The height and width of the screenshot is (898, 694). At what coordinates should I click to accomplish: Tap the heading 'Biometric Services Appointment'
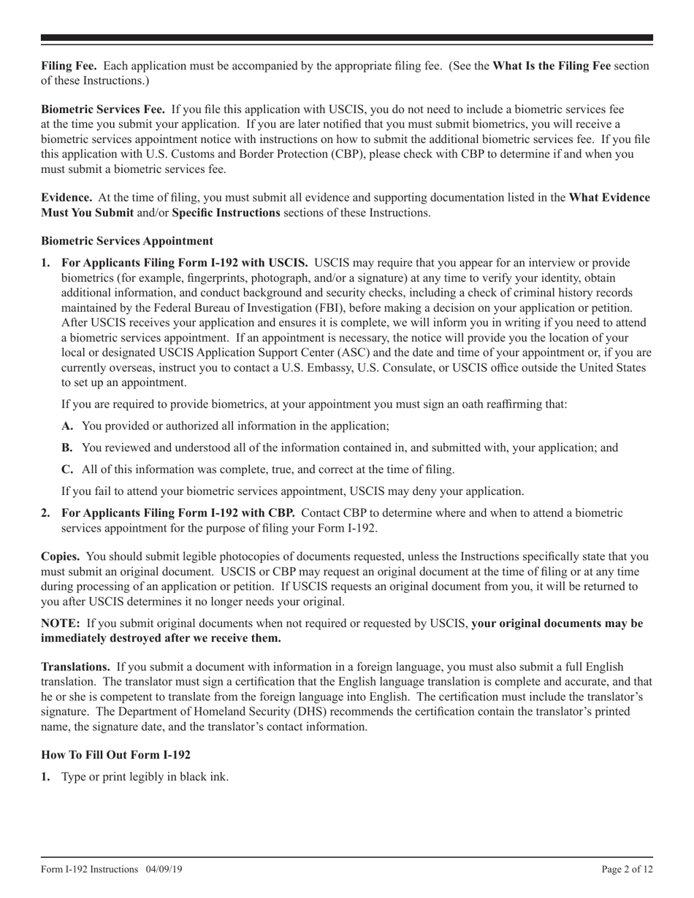(x=127, y=241)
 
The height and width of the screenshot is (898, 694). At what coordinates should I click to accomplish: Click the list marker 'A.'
(x=68, y=426)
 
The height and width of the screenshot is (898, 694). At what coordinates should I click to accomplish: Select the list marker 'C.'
(x=68, y=469)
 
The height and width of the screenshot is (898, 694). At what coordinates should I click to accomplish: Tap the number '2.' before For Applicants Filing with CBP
(x=46, y=513)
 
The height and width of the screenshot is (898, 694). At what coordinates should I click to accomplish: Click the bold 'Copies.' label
(x=61, y=556)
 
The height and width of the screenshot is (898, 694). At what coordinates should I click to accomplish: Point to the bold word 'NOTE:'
(x=61, y=623)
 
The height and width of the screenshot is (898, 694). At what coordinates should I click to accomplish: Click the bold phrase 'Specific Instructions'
(x=226, y=212)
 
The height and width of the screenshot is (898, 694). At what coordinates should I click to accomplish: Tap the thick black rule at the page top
(x=347, y=37)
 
